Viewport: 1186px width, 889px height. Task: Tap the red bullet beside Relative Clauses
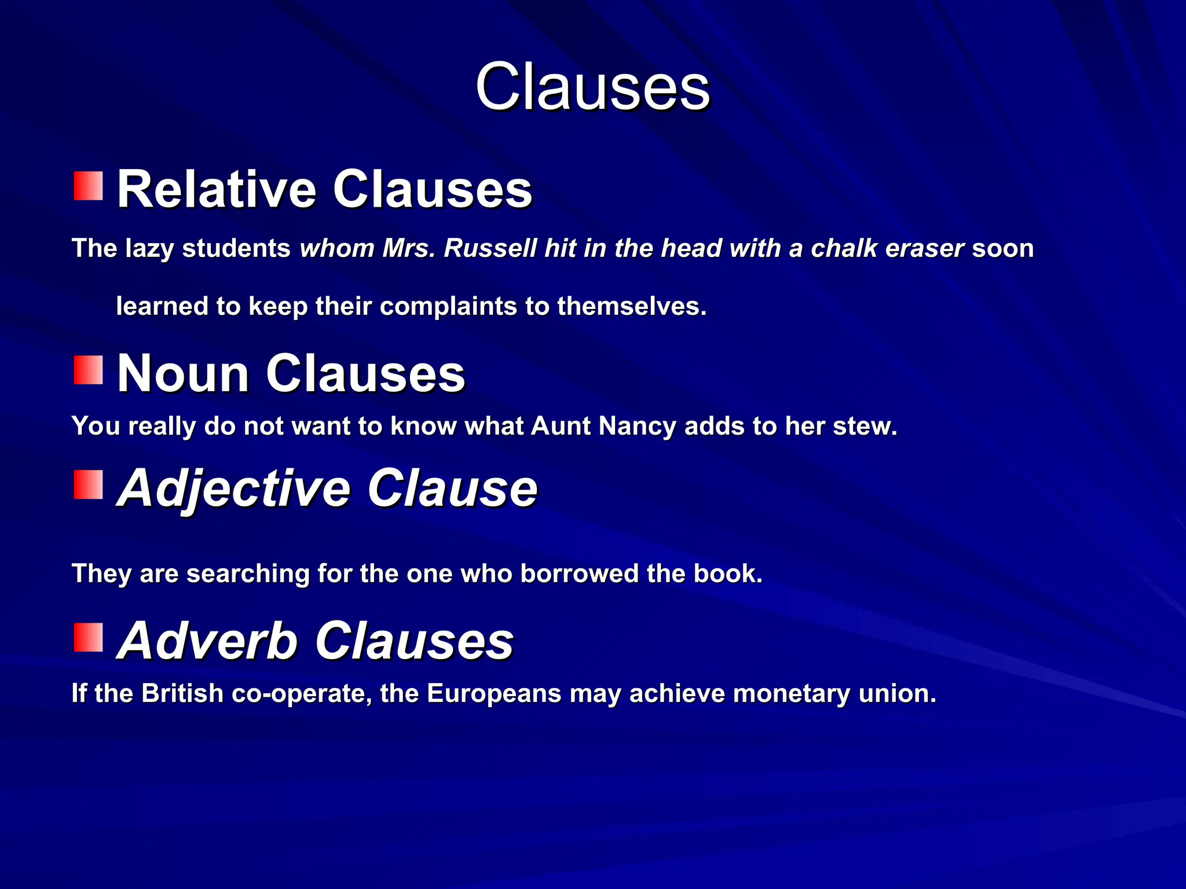89,186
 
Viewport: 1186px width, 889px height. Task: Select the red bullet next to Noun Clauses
89,370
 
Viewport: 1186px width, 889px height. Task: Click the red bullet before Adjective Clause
89,484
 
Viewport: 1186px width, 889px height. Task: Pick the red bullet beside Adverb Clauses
89,637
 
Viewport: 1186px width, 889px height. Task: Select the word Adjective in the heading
234,489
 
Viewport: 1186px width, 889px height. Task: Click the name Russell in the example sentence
490,248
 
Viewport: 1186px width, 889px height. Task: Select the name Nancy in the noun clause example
637,427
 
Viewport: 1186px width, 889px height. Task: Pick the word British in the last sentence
182,693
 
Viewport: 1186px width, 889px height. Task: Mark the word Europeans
494,693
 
